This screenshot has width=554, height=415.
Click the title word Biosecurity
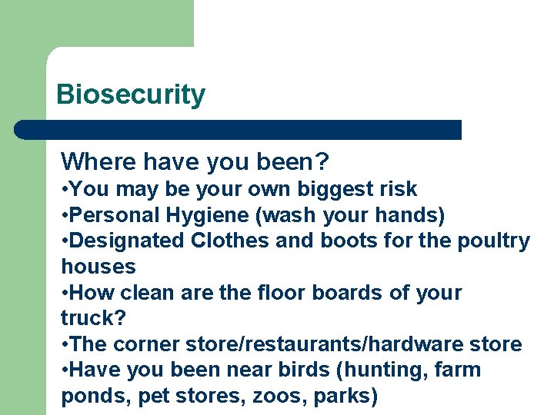131,95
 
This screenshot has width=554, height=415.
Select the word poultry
492,241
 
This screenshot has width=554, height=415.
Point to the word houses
98,267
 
